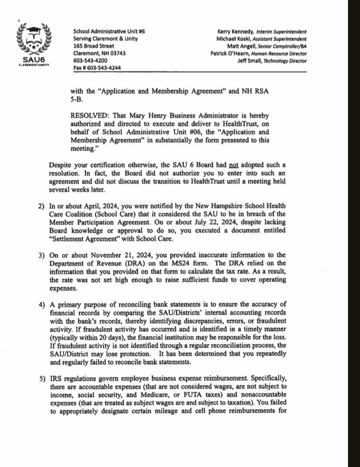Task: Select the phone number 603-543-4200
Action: (x=90, y=61)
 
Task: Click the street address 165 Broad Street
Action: (x=94, y=46)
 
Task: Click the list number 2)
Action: (x=41, y=205)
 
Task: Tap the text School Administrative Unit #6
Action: (x=104, y=31)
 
